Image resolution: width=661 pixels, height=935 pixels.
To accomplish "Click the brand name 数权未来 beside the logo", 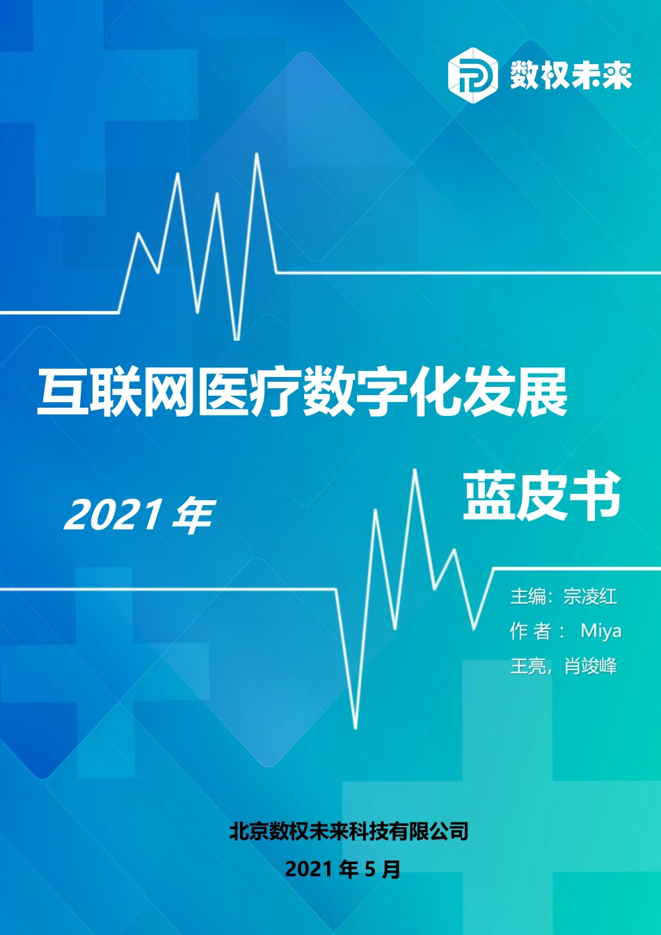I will [x=571, y=74].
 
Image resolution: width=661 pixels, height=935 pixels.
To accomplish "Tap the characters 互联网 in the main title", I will [x=115, y=394].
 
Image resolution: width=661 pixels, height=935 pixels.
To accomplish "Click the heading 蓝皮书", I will [x=541, y=495].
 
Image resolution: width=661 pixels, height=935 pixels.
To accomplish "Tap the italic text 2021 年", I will [x=138, y=516].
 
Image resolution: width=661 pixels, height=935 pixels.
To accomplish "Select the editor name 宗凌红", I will [x=590, y=596].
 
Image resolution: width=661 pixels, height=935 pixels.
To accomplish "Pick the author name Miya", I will [x=600, y=631].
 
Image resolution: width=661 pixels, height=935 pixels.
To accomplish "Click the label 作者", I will [x=530, y=631].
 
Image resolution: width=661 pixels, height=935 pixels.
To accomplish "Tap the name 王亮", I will [x=528, y=666].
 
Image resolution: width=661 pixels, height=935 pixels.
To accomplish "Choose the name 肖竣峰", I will [x=590, y=666].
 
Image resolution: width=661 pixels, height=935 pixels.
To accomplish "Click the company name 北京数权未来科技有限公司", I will [x=349, y=831].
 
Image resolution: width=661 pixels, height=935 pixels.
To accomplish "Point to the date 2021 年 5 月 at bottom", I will [x=342, y=869].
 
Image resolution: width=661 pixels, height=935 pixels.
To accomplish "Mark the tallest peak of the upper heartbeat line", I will [x=257, y=154].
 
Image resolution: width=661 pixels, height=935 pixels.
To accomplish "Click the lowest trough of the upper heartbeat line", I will [x=237, y=338].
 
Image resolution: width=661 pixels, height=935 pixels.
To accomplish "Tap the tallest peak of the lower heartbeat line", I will [x=415, y=471].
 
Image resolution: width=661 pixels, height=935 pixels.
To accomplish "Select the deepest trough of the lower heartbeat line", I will [x=356, y=726].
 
